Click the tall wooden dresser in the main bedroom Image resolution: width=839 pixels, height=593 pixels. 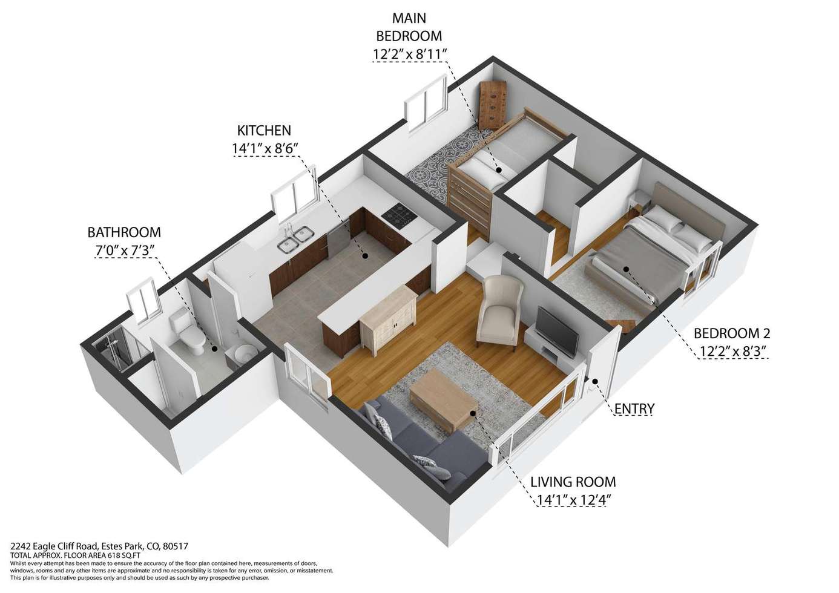point(493,105)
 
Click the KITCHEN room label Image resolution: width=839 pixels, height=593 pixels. point(264,130)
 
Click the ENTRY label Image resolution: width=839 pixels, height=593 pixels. point(634,408)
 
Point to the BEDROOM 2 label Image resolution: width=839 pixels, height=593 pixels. point(731,333)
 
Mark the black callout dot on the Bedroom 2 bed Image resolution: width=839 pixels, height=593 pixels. point(625,269)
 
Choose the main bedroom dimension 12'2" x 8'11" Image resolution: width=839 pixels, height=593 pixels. point(410,54)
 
